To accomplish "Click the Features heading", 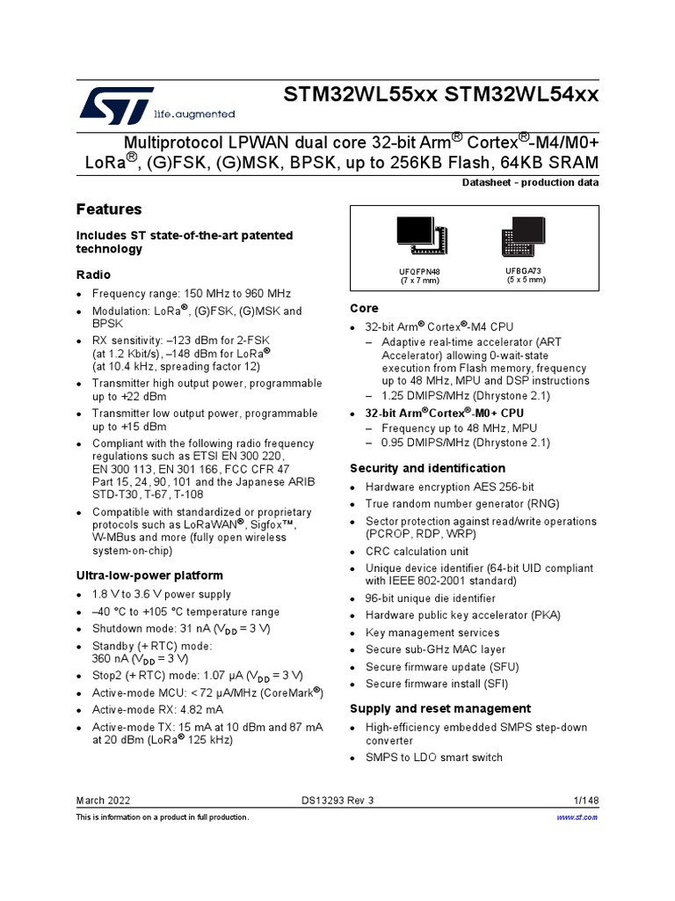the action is [109, 209].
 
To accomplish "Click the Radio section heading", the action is [94, 275].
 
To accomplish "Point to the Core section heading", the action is [364, 308].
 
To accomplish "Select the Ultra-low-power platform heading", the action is [149, 575].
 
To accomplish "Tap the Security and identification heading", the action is [427, 468].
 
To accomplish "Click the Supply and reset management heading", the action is [440, 708].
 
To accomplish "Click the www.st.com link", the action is [577, 817].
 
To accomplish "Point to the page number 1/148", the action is [585, 799].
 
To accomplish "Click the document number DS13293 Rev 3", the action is [337, 799].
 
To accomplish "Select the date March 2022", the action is [103, 799].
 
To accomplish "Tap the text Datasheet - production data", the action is [530, 183].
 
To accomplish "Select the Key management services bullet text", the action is [432, 633].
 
